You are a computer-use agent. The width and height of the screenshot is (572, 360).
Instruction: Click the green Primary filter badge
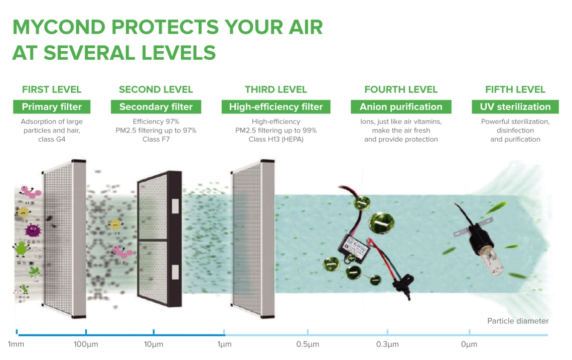coord(51,107)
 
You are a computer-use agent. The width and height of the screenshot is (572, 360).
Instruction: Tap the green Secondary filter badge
coord(156,107)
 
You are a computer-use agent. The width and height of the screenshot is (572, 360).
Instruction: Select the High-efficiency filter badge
coord(275,107)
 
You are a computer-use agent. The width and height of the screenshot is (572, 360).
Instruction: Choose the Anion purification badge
coord(401,107)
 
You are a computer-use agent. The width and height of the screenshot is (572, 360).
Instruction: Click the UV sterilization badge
coord(515,107)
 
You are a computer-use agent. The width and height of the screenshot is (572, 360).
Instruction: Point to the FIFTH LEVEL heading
coord(515,90)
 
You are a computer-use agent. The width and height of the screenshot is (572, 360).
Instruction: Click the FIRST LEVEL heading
coord(51,90)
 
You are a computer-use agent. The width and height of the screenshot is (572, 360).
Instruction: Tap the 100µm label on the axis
coord(86,344)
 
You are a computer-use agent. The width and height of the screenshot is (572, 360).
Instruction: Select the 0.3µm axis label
coord(387,344)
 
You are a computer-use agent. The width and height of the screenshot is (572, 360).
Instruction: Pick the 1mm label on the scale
coord(16,344)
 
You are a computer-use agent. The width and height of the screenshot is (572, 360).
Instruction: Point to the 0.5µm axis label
coord(307,344)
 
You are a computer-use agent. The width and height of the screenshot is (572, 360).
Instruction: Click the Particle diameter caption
coord(518,321)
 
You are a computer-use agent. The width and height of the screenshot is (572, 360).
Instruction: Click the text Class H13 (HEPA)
coord(275,139)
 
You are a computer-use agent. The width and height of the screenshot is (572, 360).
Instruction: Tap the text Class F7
coord(156,139)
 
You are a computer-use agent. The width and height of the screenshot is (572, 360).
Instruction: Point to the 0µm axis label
coord(469,344)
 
